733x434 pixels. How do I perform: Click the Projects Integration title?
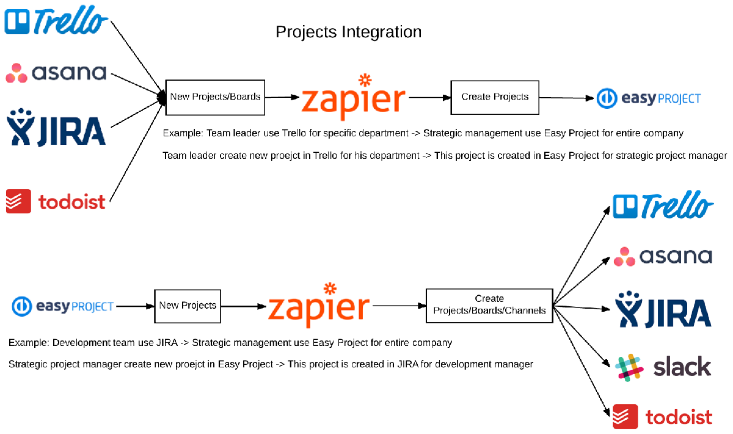348,32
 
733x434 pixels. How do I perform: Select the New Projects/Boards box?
215,97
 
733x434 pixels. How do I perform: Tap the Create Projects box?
495,97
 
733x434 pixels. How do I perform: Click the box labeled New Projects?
188,306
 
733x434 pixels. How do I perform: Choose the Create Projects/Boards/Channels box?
489,305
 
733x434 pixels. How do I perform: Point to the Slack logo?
663,367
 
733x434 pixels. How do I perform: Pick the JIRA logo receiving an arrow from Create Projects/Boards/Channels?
663,311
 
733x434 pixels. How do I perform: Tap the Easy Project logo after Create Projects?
649,98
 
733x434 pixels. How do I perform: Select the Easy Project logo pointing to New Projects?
63,306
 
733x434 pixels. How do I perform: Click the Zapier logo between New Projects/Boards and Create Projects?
354,97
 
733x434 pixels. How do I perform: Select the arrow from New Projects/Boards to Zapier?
282,97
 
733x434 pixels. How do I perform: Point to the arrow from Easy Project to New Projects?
134,306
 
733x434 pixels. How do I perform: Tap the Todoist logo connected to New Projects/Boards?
56,201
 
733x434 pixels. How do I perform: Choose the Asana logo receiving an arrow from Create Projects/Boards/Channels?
663,256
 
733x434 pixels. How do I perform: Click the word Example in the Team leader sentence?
181,133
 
